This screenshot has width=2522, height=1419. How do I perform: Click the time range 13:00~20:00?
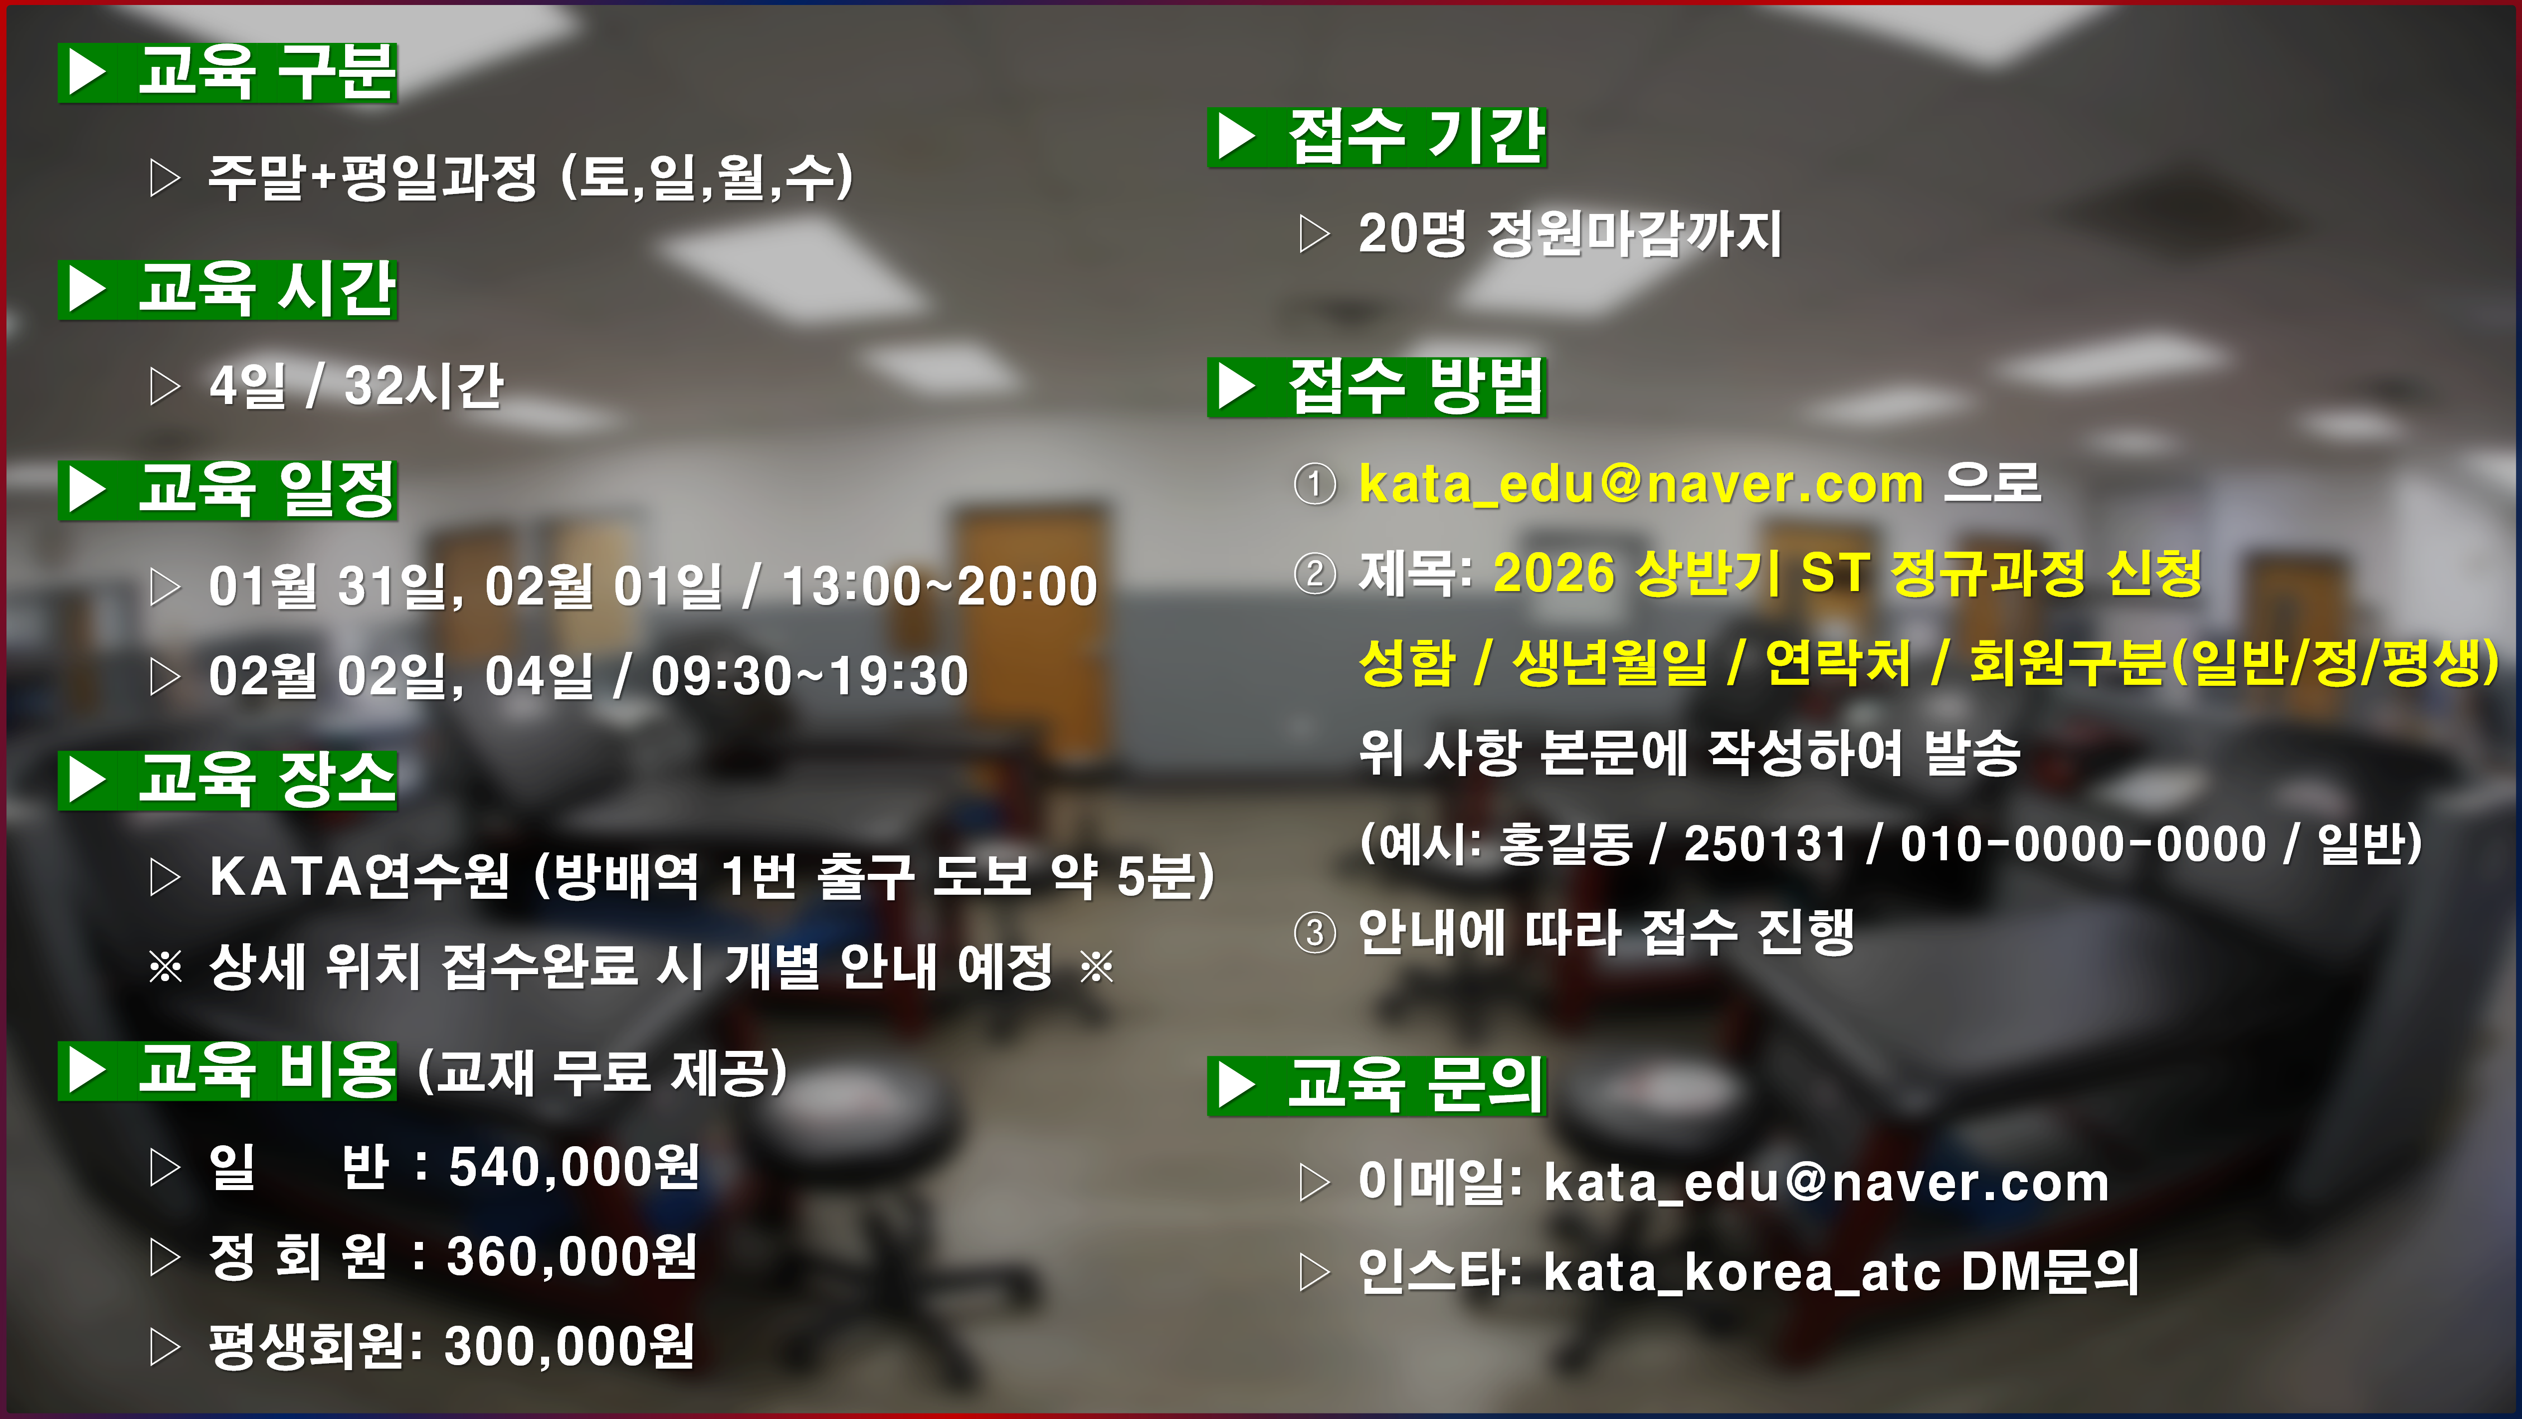940,587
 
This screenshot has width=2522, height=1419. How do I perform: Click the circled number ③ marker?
1315,932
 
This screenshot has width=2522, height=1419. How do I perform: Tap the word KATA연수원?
359,875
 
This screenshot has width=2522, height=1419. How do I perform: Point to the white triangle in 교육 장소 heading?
88,782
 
